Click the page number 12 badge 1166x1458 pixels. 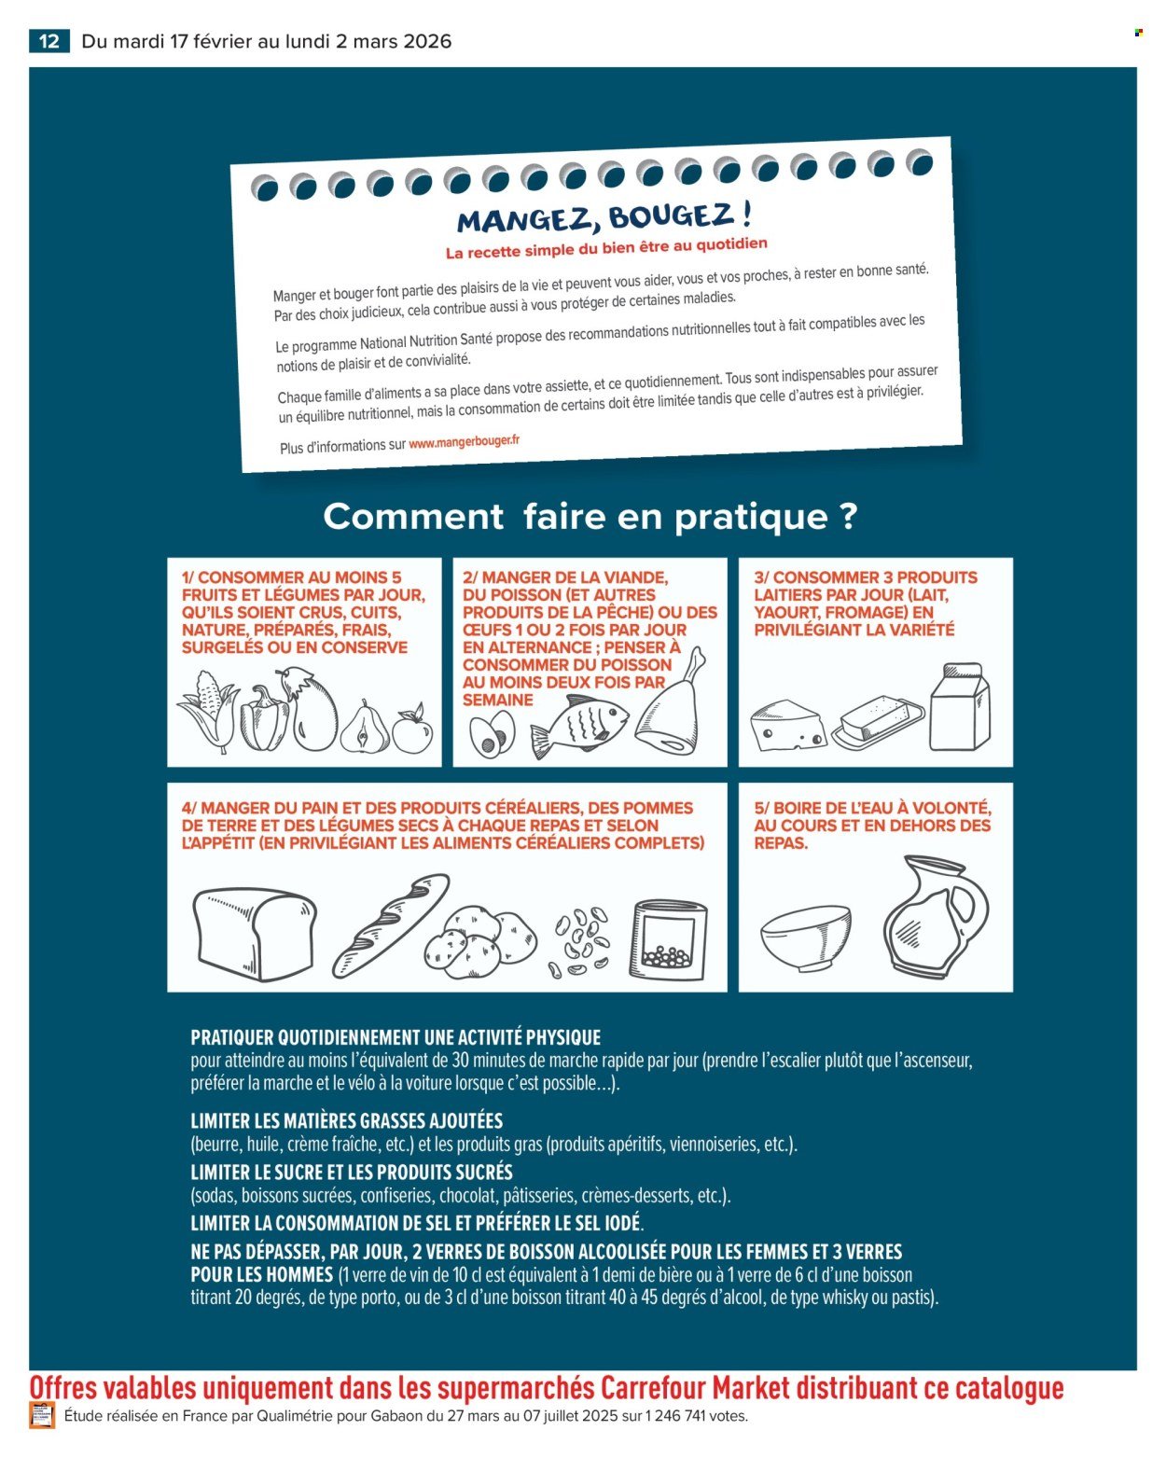(49, 41)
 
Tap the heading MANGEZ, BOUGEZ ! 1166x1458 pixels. (604, 218)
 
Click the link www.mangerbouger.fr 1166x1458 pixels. (464, 442)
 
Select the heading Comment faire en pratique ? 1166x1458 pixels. (590, 516)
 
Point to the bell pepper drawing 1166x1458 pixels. (263, 719)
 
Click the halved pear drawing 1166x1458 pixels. (366, 728)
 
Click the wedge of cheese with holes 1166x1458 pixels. (786, 728)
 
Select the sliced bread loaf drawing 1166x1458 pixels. (254, 933)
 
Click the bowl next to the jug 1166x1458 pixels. (806, 937)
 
